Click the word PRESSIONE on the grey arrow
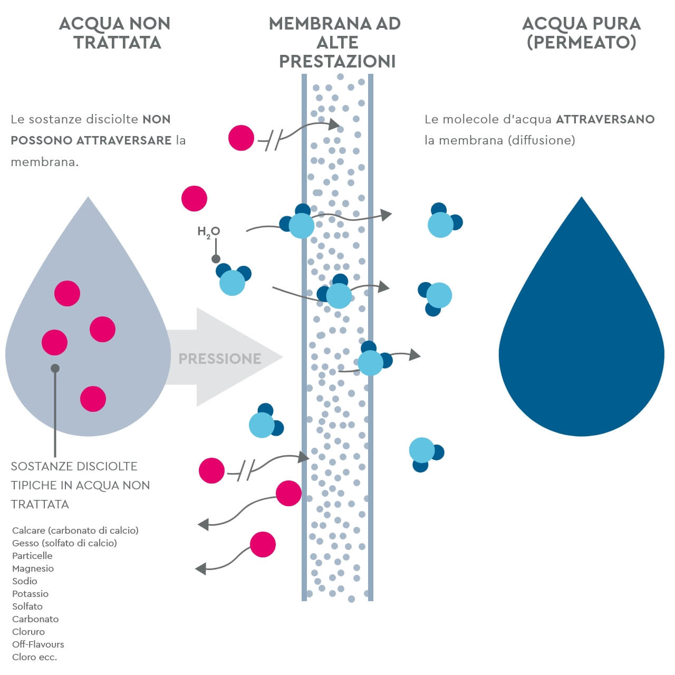[x=219, y=359]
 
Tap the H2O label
[x=208, y=232]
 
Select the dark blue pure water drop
[x=581, y=337]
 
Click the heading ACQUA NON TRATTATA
[x=115, y=33]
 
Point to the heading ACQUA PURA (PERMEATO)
[x=581, y=33]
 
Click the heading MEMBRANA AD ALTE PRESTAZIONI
[x=335, y=42]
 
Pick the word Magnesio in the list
[x=33, y=568]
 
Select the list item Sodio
[x=25, y=581]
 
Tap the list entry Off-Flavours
[x=38, y=644]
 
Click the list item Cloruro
[x=28, y=632]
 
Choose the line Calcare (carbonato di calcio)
[x=75, y=531]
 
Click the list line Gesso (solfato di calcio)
[x=64, y=543]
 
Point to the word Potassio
[x=30, y=594]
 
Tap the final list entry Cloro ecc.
[x=34, y=657]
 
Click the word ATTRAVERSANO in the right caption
[x=605, y=119]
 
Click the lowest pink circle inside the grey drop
[x=93, y=399]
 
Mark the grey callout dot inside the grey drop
[x=55, y=369]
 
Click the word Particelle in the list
[x=32, y=556]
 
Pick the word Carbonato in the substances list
[x=35, y=619]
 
